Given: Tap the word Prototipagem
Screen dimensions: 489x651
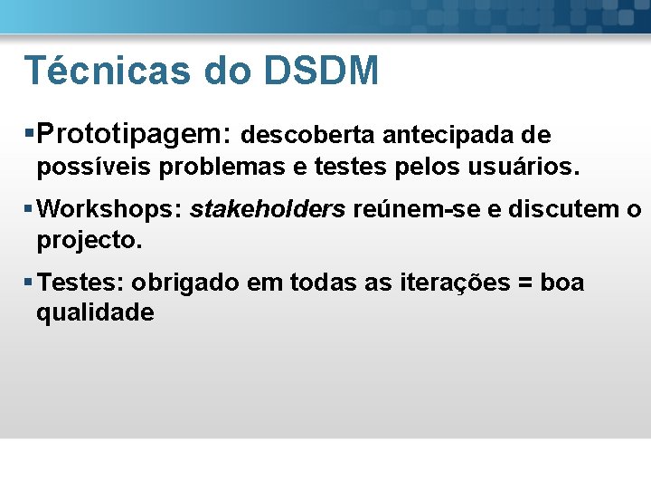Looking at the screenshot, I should click(135, 135).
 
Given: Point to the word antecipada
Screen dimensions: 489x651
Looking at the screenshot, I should click(448, 136).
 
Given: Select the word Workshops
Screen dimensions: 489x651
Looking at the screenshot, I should click(111, 210).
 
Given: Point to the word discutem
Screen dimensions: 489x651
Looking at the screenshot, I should click(551, 210).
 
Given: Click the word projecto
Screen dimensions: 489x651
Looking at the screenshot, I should click(90, 241).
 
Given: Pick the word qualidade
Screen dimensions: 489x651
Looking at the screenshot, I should click(95, 313).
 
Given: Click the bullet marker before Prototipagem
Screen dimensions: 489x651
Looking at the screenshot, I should click(30, 135).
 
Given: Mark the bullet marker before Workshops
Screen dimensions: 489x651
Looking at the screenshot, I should click(30, 210).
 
